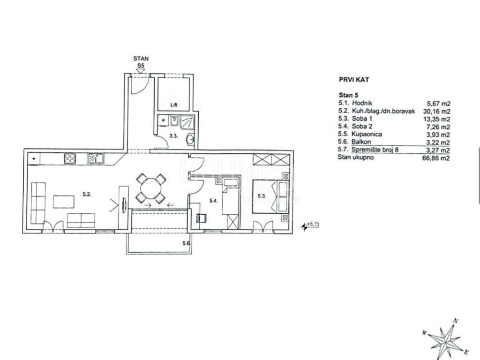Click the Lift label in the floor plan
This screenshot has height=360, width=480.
click(174, 105)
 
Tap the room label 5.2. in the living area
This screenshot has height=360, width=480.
click(87, 194)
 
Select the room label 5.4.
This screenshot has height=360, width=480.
click(213, 201)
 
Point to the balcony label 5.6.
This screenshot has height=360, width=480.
click(187, 243)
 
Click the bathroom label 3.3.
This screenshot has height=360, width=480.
click(173, 135)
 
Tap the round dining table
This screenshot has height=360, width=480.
click(151, 188)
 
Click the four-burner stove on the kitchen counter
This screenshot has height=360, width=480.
click(70, 158)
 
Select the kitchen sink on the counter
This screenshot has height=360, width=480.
click(96, 158)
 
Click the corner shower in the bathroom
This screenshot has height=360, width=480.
click(187, 122)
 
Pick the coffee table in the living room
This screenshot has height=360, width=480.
click(64, 202)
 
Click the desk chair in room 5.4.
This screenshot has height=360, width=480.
click(201, 217)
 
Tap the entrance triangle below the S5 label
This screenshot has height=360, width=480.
click(141, 71)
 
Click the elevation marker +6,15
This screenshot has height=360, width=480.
click(310, 225)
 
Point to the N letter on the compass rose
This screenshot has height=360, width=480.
click(456, 321)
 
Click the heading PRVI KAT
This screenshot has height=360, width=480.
click(354, 80)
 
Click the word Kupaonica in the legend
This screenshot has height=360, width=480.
click(367, 134)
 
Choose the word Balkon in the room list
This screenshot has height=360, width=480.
click(361, 142)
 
